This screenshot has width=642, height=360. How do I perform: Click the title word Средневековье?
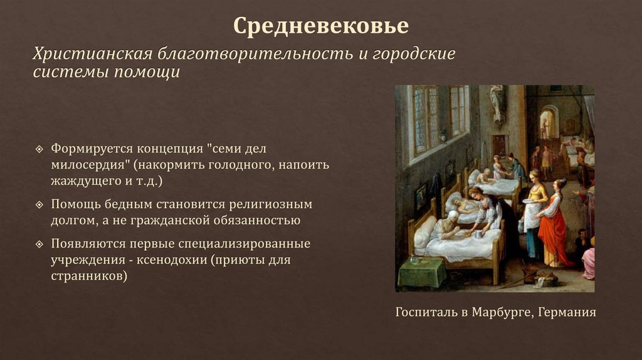coord(320,26)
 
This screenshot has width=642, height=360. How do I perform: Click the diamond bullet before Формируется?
coord(39,151)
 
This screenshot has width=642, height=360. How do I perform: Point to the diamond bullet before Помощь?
coord(39,205)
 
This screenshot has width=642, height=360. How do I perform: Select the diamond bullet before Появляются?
coord(39,243)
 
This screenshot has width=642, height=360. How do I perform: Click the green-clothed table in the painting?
coord(421,270)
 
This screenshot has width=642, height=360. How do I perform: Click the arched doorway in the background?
coord(549,122)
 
